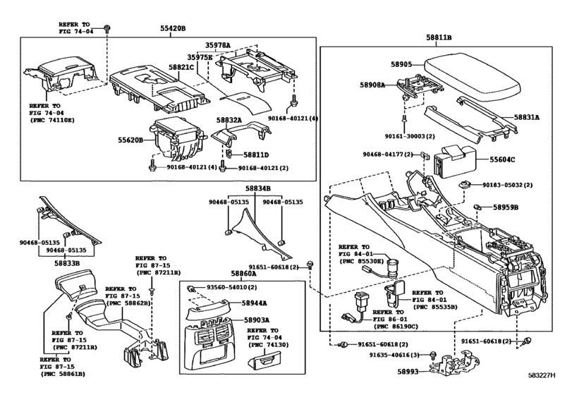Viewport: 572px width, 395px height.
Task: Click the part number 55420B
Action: [172, 29]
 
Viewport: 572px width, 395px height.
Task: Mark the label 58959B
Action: [506, 207]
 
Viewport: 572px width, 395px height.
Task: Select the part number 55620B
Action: [130, 140]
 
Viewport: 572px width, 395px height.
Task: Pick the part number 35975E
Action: [200, 57]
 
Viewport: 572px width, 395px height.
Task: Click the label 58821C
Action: [181, 67]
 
